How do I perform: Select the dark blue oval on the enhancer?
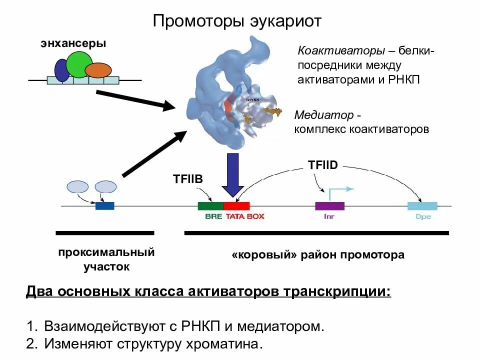point(61,70)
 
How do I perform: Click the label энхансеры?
point(73,43)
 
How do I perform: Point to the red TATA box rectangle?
point(236,205)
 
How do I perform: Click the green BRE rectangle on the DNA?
point(210,205)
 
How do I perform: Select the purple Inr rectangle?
point(329,205)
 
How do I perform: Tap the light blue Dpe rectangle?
point(422,205)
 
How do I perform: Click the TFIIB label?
point(188,179)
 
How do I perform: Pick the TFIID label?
point(323,164)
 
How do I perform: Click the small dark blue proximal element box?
point(105,205)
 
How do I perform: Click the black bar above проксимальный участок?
point(105,233)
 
